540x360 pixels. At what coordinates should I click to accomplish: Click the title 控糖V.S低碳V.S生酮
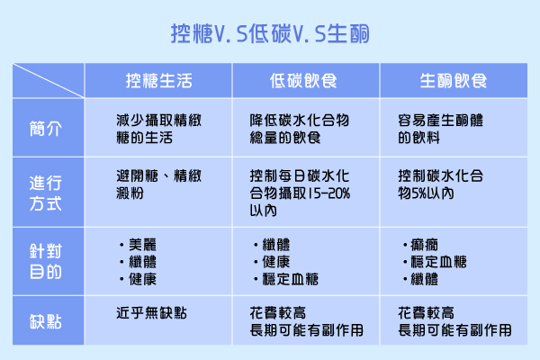click(270, 34)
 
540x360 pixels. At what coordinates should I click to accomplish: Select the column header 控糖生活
click(158, 81)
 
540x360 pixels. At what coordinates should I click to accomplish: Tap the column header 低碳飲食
click(303, 81)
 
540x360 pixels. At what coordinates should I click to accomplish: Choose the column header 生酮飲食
click(454, 81)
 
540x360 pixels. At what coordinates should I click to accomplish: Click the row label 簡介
click(46, 129)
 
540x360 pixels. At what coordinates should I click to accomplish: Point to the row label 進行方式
click(46, 193)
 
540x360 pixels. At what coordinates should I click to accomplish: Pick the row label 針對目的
click(46, 262)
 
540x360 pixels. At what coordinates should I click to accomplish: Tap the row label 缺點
click(46, 322)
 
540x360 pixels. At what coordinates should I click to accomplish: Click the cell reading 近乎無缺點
click(151, 313)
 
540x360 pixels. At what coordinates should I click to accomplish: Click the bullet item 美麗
click(142, 245)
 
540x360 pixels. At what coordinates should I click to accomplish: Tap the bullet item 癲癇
click(424, 245)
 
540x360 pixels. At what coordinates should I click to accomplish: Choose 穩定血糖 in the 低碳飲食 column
click(291, 279)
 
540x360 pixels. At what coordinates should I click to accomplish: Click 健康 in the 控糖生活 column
click(142, 279)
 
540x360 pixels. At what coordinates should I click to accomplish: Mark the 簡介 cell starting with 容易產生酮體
click(440, 129)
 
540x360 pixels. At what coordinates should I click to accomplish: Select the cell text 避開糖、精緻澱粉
click(158, 184)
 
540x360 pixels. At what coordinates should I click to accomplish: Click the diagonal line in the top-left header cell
click(49, 81)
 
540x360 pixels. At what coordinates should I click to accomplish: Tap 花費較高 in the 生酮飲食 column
click(426, 313)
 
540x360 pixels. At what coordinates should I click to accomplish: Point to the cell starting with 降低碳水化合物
click(300, 129)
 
